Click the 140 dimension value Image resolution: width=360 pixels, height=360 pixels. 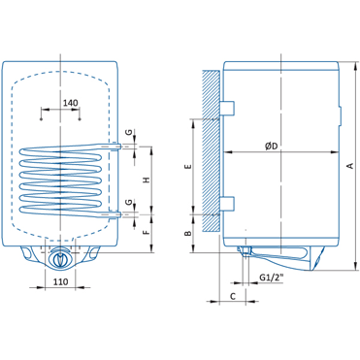[x=70, y=103]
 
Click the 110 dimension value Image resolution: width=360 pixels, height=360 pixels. [x=60, y=281]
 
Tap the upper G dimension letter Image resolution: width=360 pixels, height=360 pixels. [x=128, y=132]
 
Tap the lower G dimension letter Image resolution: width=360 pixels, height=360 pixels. [x=128, y=202]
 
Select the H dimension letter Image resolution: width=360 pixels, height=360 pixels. [x=147, y=180]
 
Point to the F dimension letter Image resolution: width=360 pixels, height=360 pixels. [x=147, y=232]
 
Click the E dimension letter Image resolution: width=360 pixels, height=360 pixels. [x=188, y=167]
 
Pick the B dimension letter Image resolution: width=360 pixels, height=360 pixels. [x=188, y=233]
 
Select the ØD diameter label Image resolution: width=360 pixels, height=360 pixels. [x=272, y=147]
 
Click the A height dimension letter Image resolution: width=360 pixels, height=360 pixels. [x=349, y=166]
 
